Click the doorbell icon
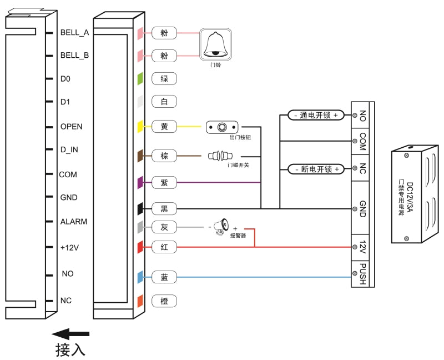(x=215, y=46)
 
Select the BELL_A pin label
(x=74, y=32)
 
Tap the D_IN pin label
(x=69, y=150)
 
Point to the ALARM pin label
(x=74, y=222)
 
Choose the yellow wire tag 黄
(x=164, y=127)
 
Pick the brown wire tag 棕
(x=164, y=156)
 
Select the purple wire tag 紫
(x=164, y=182)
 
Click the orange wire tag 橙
(x=164, y=301)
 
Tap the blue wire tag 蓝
(x=164, y=276)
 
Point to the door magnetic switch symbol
(x=220, y=156)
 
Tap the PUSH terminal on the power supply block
(x=362, y=274)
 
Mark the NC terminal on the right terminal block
(x=362, y=168)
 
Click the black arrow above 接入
(x=70, y=333)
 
